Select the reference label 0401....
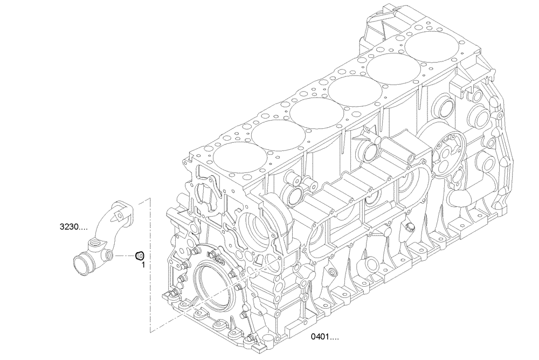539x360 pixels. coord(325,338)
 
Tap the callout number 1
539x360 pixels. coord(143,265)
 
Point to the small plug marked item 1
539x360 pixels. coord(139,255)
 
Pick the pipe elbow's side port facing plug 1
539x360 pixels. coord(109,254)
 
